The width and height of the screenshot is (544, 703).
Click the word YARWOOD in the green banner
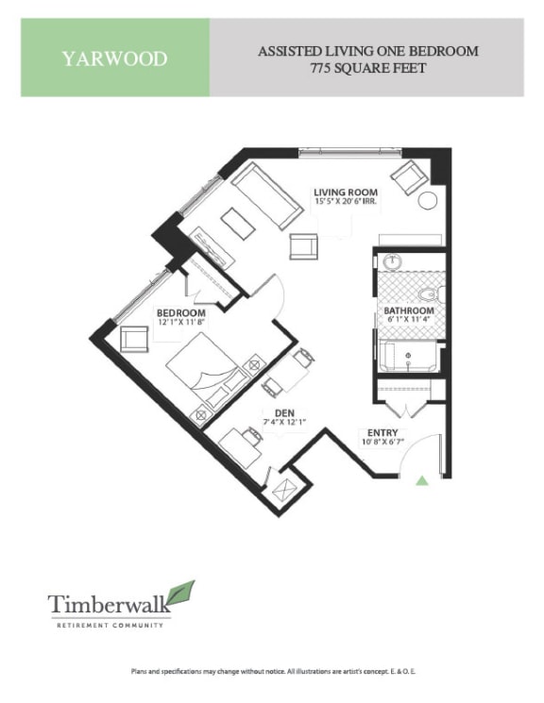tap(114, 59)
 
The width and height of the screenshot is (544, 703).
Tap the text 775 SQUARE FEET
tap(367, 68)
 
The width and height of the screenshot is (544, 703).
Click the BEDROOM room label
tap(181, 312)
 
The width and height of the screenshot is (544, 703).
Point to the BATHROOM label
tap(408, 311)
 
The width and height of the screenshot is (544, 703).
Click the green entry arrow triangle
tap(422, 480)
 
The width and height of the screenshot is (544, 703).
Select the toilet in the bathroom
tap(430, 293)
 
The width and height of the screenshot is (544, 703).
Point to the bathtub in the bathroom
tap(408, 357)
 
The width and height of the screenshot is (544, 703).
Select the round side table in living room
tap(428, 200)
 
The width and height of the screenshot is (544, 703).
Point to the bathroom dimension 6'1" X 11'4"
tap(408, 322)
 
